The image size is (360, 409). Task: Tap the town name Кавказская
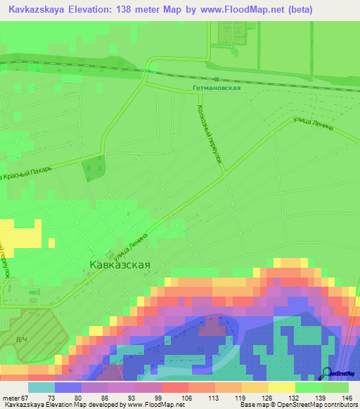click(120, 265)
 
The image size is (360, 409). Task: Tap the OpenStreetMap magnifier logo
click(327, 373)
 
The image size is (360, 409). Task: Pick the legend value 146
click(346, 398)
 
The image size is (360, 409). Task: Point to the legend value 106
click(186, 398)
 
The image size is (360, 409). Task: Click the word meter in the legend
click(12, 398)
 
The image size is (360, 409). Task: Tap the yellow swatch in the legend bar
click(281, 387)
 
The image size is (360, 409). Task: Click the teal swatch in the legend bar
click(41, 387)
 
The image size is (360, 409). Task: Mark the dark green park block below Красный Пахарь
click(93, 169)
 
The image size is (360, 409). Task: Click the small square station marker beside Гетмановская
click(217, 79)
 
